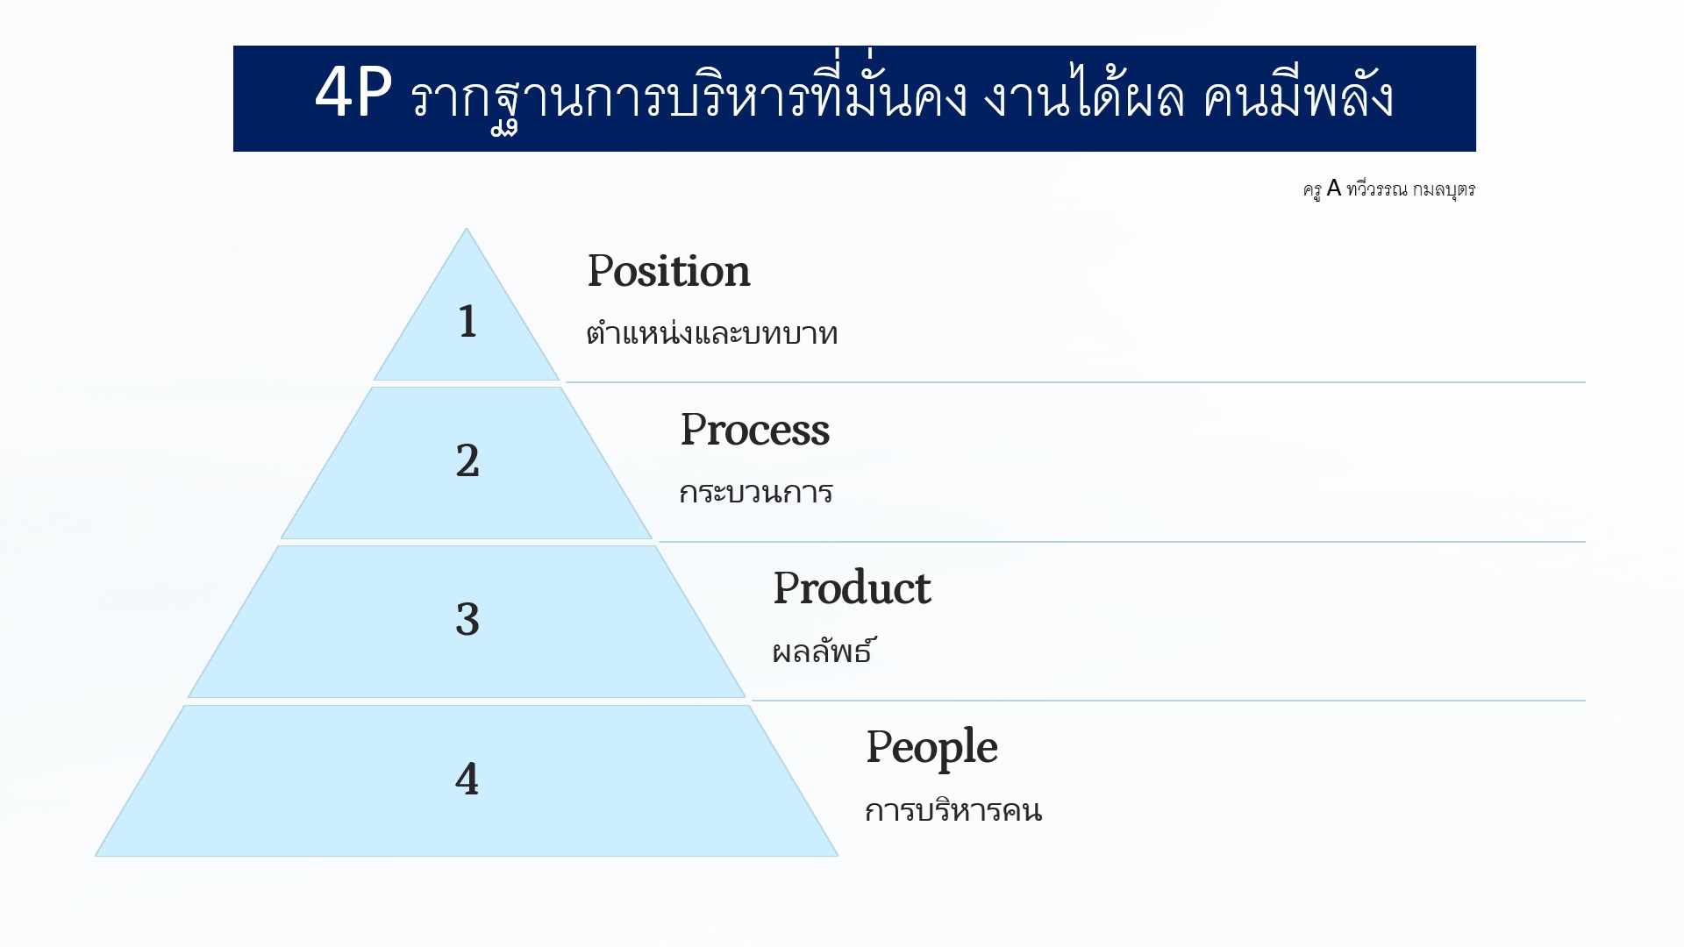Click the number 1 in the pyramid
pyautogui.click(x=467, y=321)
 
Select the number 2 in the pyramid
pyautogui.click(x=467, y=461)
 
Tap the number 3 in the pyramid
pyautogui.click(x=467, y=620)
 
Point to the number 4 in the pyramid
pyautogui.click(x=467, y=779)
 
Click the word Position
pyautogui.click(x=668, y=270)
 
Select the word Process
pyautogui.click(x=754, y=430)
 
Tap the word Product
pyautogui.click(x=852, y=587)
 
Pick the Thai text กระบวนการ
pyautogui.click(x=756, y=493)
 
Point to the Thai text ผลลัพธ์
pyautogui.click(x=823, y=651)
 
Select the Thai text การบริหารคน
pyautogui.click(x=953, y=809)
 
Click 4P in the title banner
pyautogui.click(x=353, y=93)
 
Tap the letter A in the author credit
pyautogui.click(x=1334, y=189)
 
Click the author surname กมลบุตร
pyautogui.click(x=1444, y=189)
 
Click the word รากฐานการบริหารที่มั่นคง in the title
pyautogui.click(x=689, y=96)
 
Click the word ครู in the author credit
pyautogui.click(x=1312, y=190)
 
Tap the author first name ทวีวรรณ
pyautogui.click(x=1377, y=189)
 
